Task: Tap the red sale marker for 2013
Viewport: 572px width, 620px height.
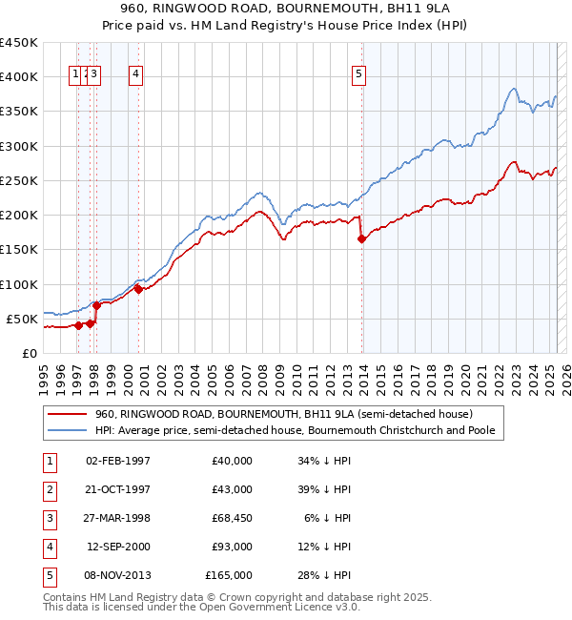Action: (x=361, y=239)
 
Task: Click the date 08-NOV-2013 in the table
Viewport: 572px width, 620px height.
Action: (x=118, y=575)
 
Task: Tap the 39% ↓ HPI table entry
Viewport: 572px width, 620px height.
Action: (x=324, y=489)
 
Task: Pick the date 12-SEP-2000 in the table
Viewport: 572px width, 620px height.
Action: (x=118, y=547)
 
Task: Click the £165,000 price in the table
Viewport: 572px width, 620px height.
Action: (x=229, y=575)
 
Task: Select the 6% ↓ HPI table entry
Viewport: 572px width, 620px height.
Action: (x=328, y=518)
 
